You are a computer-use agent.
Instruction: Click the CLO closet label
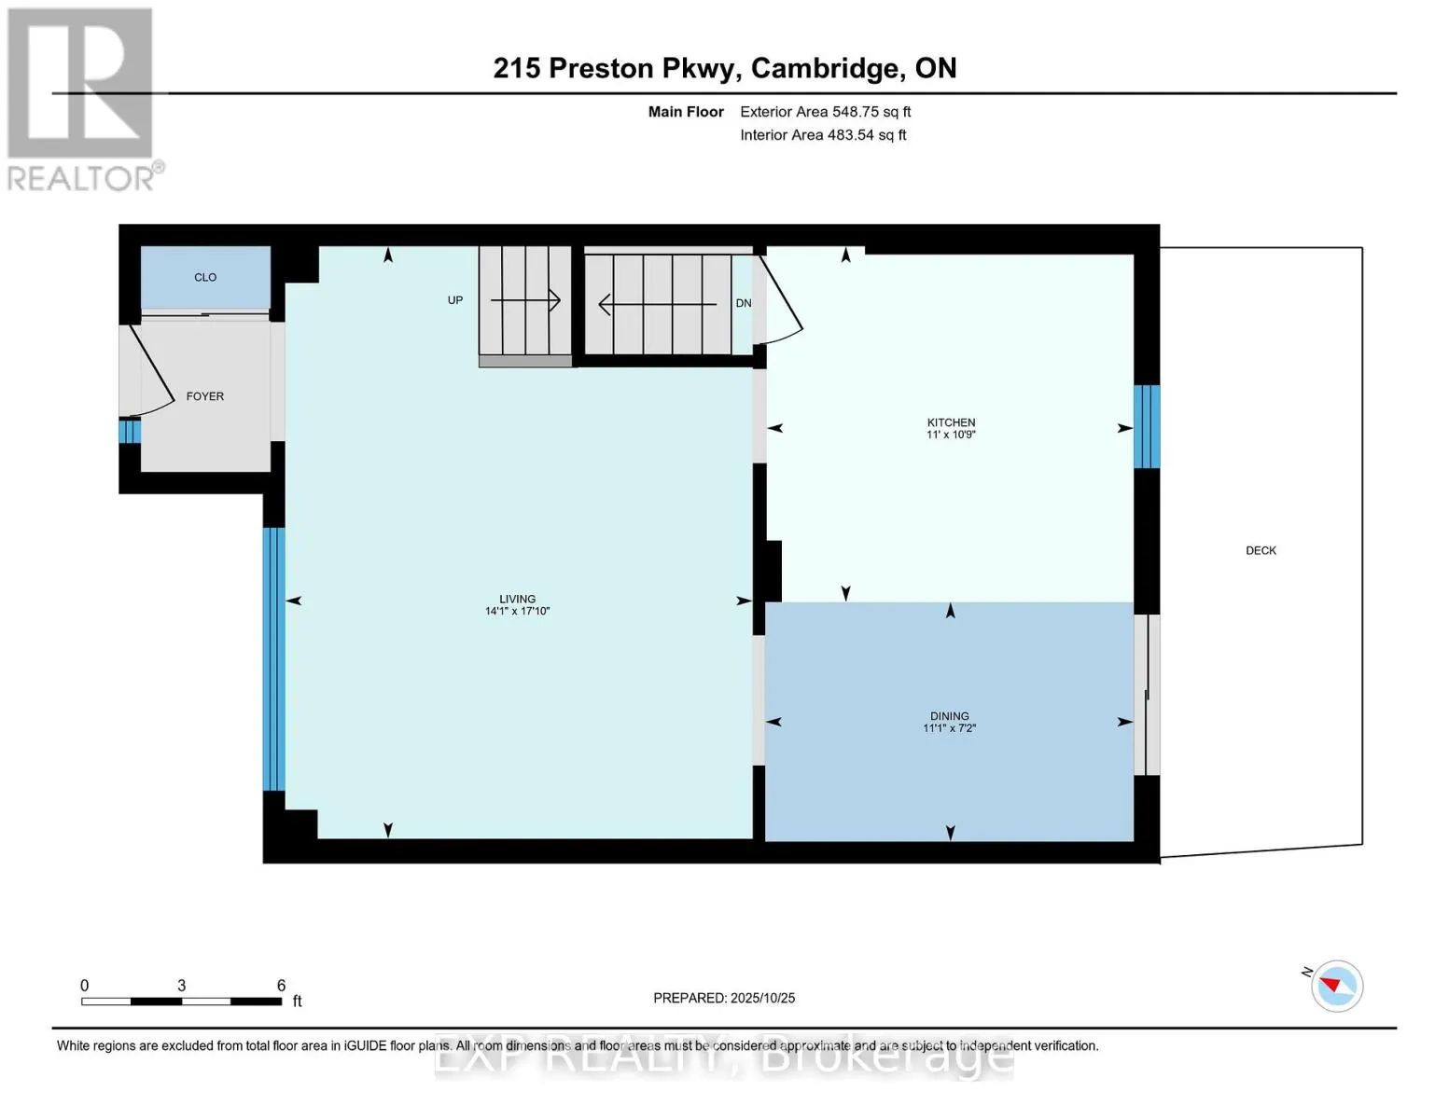tap(205, 277)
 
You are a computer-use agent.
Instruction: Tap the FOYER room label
tap(205, 396)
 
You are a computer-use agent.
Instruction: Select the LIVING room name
tap(517, 599)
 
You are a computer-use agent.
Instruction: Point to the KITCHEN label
tap(951, 422)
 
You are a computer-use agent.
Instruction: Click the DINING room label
tap(949, 716)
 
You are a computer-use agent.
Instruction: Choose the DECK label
tap(1261, 550)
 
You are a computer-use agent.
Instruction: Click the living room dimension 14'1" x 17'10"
tap(517, 612)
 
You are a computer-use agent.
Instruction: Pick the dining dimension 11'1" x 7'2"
tap(949, 728)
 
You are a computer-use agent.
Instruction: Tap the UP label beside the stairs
tap(455, 300)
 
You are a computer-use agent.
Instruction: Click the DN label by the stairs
tap(744, 303)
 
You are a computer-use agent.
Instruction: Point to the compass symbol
tap(1336, 986)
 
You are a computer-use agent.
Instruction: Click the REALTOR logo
tap(82, 98)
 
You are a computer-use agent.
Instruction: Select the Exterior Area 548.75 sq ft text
tap(825, 112)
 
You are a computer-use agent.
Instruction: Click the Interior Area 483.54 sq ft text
tap(823, 135)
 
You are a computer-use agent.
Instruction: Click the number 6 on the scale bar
tap(281, 986)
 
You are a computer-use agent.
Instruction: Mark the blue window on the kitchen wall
tap(1147, 426)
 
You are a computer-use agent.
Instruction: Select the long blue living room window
tap(273, 658)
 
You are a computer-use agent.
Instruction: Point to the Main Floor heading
tap(686, 112)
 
